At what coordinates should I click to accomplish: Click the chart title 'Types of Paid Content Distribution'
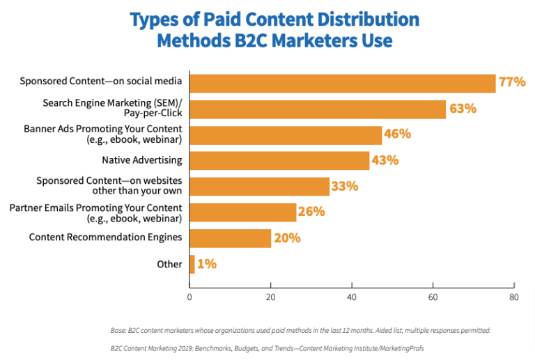(x=274, y=19)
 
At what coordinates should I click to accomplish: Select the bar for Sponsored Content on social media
(x=342, y=83)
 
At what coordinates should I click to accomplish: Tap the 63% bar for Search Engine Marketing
(x=317, y=109)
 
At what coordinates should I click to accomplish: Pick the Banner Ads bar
(x=286, y=134)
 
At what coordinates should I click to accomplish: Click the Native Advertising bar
(x=279, y=160)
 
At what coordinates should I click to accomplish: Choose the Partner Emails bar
(x=242, y=212)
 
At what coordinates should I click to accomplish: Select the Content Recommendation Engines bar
(x=230, y=237)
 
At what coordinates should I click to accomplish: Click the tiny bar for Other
(x=192, y=264)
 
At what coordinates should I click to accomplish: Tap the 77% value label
(x=511, y=83)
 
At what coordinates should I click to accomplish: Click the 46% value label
(x=397, y=134)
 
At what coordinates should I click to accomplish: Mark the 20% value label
(x=286, y=237)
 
